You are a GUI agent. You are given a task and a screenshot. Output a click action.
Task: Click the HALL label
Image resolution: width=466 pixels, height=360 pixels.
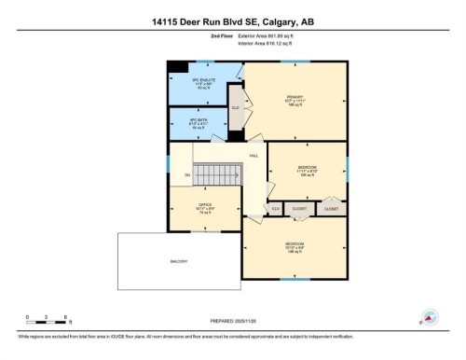(253, 156)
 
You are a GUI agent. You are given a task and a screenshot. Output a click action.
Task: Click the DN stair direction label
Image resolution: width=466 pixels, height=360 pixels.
(186, 174)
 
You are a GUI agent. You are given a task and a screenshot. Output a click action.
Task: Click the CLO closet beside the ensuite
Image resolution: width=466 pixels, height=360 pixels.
(236, 108)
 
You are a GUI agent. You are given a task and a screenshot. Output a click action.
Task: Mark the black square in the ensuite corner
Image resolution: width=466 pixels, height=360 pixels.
(176, 65)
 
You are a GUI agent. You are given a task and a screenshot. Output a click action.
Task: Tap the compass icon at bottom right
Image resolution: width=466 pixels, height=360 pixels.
(430, 317)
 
